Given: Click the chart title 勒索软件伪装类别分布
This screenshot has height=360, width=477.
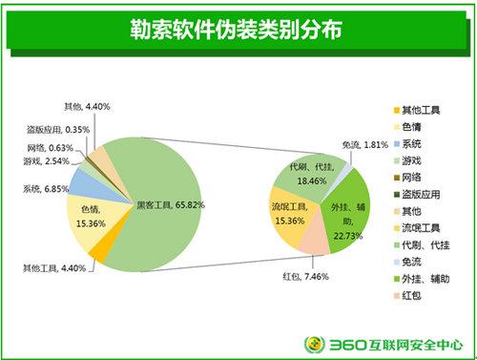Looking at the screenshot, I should (x=238, y=30).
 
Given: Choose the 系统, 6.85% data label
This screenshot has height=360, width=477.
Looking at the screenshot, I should (x=45, y=188).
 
